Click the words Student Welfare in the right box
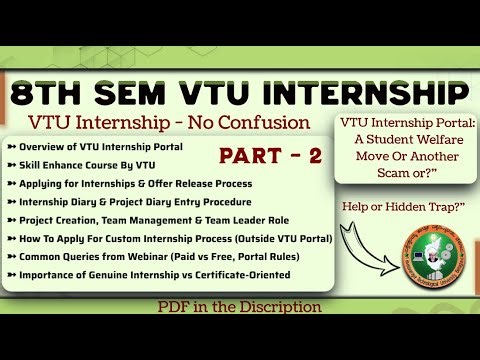(x=410, y=140)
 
